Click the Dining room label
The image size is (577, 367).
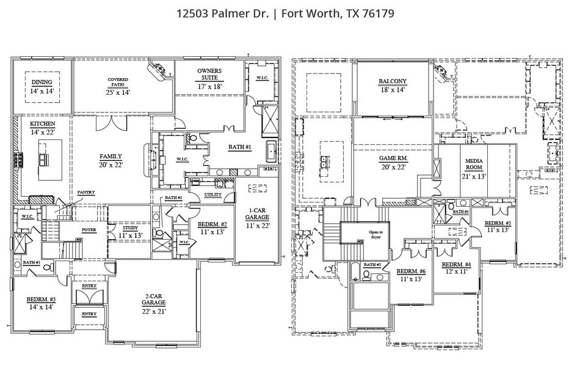click(x=42, y=82)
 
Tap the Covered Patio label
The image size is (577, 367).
click(x=118, y=80)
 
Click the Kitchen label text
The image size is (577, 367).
click(x=43, y=124)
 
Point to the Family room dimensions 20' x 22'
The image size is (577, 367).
click(x=111, y=165)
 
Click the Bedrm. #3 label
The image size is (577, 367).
click(x=42, y=299)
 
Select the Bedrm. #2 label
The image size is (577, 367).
click(x=212, y=224)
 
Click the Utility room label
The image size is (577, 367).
click(x=212, y=194)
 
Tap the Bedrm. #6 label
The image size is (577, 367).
click(x=411, y=271)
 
